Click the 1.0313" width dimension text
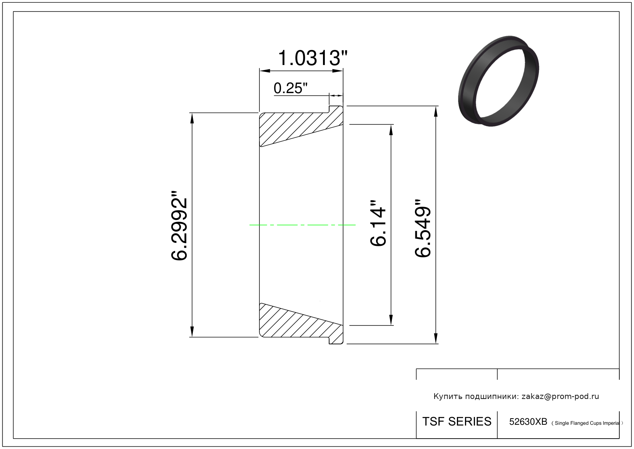(313, 58)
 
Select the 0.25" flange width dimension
(290, 88)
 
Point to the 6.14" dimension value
(378, 224)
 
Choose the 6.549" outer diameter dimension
(423, 228)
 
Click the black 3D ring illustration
(499, 81)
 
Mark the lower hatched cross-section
(301, 324)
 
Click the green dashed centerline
(302, 225)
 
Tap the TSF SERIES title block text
(457, 422)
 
